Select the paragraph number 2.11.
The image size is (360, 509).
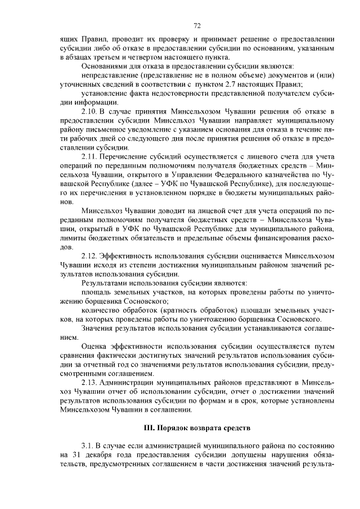point(91,156)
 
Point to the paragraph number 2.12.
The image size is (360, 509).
point(91,255)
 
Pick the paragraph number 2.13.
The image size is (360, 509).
point(91,381)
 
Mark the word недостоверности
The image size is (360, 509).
point(179,93)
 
